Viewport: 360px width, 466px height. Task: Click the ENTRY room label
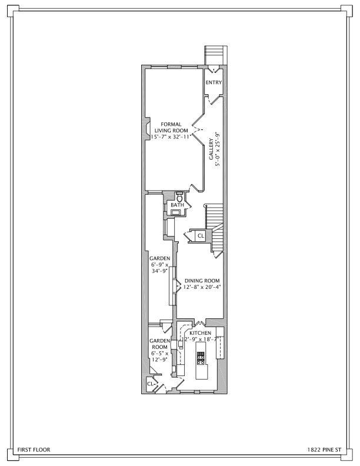pos(214,82)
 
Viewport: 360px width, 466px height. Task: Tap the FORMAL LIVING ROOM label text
pos(171,128)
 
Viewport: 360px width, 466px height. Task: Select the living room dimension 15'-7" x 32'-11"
pos(171,137)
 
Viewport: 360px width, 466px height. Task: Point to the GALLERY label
pos(211,149)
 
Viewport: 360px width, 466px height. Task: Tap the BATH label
pos(177,205)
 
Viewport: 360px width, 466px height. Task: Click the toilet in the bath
pos(179,197)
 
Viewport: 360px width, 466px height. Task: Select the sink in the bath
pos(176,212)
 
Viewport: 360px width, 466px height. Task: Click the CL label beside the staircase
pos(201,236)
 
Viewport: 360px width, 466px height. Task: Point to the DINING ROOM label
pos(202,281)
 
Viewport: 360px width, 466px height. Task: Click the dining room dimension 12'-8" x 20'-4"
pos(202,287)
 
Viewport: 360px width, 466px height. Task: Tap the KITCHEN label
pos(201,333)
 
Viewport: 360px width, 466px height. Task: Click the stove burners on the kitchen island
pos(201,358)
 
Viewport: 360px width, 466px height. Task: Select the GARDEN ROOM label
pos(160,344)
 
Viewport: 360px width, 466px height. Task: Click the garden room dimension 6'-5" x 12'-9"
pos(159,357)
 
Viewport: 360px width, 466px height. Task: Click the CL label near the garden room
pos(151,384)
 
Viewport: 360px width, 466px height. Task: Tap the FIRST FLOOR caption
pos(34,450)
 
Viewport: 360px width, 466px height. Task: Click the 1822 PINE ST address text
pos(324,450)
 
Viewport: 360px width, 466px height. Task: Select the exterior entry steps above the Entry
pos(216,55)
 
